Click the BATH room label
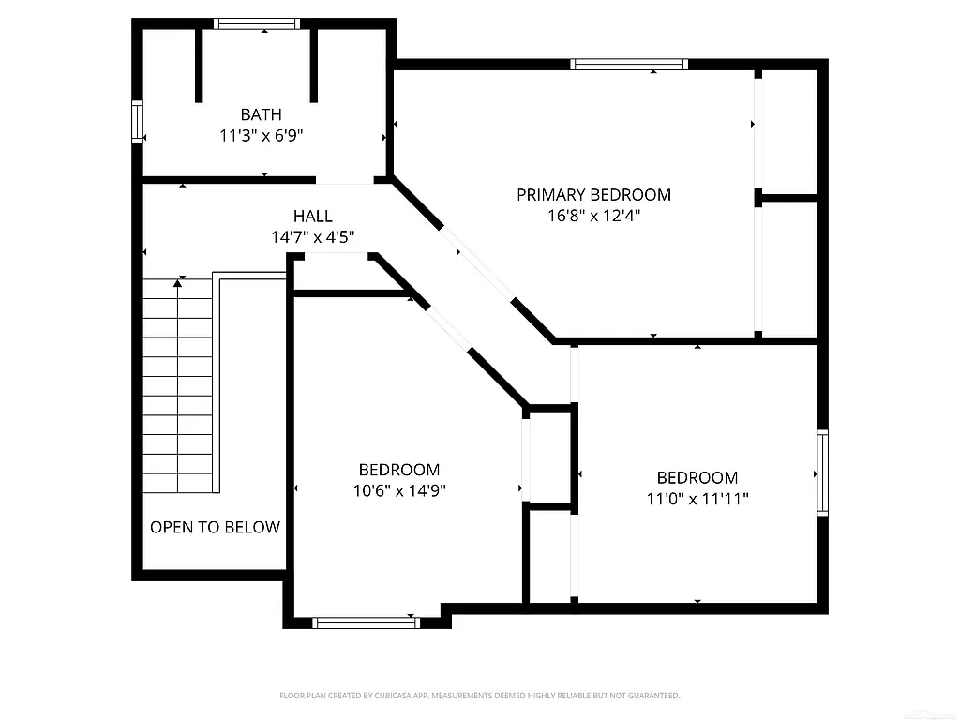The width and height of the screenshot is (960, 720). [x=261, y=114]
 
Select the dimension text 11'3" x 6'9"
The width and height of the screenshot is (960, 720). [x=261, y=136]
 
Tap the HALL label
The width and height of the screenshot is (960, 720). [x=312, y=217]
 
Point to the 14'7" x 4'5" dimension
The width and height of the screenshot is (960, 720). [x=312, y=237]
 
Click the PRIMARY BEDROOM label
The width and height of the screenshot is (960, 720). [x=593, y=195]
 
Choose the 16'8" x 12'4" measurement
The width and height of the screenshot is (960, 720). [x=593, y=216]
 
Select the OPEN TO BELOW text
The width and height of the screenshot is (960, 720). [x=215, y=527]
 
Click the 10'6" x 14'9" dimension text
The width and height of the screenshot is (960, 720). [x=398, y=490]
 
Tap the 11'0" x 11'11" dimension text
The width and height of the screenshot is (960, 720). [x=697, y=499]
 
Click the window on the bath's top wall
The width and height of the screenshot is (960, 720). [x=256, y=24]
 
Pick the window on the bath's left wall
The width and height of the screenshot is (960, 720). [x=137, y=122]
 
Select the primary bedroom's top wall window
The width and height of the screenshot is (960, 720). [x=629, y=65]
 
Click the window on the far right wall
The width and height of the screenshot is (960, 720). [x=822, y=472]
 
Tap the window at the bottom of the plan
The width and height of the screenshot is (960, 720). [x=366, y=622]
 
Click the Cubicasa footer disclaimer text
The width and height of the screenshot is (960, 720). [x=479, y=696]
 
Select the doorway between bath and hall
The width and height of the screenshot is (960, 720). [x=344, y=179]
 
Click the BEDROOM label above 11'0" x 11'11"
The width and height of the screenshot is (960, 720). [x=697, y=477]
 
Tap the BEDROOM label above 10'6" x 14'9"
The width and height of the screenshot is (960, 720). [x=398, y=470]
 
